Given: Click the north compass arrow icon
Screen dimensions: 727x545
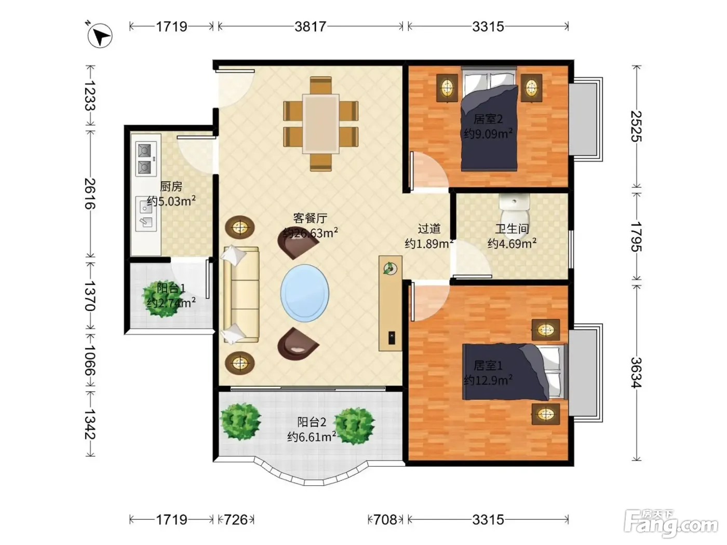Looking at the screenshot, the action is pos(100,35).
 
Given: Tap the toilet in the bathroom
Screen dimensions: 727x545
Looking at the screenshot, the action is pos(514,212).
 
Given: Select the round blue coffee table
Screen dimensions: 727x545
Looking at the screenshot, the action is pos(305,293).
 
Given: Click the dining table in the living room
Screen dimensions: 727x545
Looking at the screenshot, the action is pos(320,124).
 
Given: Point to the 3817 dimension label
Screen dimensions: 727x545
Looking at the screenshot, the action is pos(311,26).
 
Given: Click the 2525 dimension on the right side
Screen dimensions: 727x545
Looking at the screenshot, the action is pos(636,127).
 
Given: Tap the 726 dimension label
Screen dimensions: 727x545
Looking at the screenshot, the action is pos(236,520).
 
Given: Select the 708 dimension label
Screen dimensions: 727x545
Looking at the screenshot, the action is pos(385,520).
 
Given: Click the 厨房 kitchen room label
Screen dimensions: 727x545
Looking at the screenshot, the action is pos(171,187).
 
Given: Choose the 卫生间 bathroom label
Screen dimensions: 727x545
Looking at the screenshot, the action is pos(511,229).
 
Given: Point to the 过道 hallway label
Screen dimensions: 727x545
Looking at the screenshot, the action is pos(429,229).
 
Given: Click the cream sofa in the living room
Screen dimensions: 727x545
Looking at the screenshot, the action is pos(241,294).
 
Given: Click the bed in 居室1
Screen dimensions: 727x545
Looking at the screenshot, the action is pos(515,372).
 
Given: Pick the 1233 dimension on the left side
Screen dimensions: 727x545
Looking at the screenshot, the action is pos(90,96).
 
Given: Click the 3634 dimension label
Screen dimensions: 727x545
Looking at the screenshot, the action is pos(636,373).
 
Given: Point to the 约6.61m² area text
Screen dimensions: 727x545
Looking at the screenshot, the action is pos(312,437).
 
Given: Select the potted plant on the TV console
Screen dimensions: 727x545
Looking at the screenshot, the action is pos(390,268).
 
